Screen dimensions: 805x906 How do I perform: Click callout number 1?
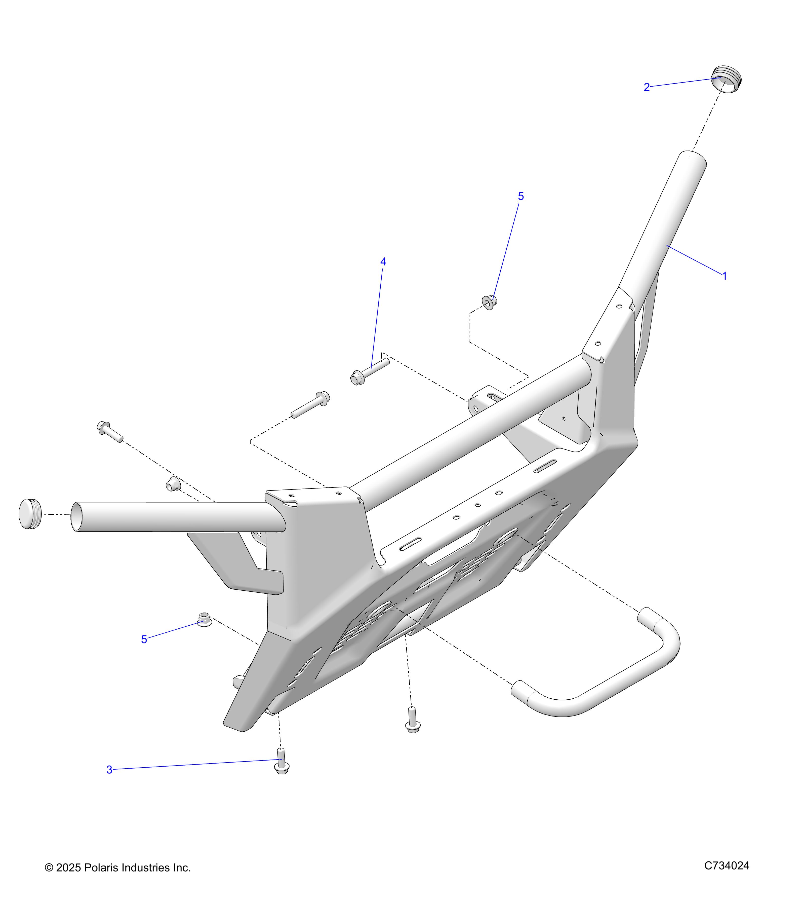[x=725, y=276]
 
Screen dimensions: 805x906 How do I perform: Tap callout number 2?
[x=647, y=87]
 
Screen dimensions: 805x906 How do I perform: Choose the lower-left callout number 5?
[x=144, y=639]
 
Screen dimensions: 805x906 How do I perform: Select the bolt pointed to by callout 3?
[x=281, y=761]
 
